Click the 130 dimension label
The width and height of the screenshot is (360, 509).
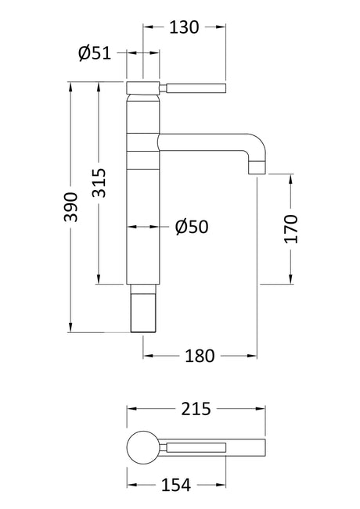click(x=184, y=27)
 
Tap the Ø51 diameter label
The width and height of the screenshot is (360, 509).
click(x=95, y=53)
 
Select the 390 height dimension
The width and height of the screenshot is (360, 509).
click(x=71, y=207)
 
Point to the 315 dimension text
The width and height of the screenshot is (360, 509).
click(x=99, y=183)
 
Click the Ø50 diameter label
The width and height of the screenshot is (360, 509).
click(x=192, y=227)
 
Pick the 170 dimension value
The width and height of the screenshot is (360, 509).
click(x=291, y=229)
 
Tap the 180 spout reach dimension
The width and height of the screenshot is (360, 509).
click(x=200, y=356)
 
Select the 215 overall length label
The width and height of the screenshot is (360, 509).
click(x=196, y=409)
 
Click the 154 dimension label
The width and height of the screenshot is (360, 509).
click(x=176, y=486)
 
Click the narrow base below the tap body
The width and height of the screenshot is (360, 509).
click(x=143, y=308)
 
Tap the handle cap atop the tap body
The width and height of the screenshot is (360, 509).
click(x=143, y=88)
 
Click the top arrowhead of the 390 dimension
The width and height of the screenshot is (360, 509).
click(x=71, y=86)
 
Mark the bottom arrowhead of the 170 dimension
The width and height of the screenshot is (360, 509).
click(x=291, y=280)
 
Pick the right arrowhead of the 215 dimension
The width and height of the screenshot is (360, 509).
click(x=261, y=409)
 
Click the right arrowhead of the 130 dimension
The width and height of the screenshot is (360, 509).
click(x=221, y=27)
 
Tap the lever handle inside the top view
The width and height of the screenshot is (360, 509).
click(x=196, y=447)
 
